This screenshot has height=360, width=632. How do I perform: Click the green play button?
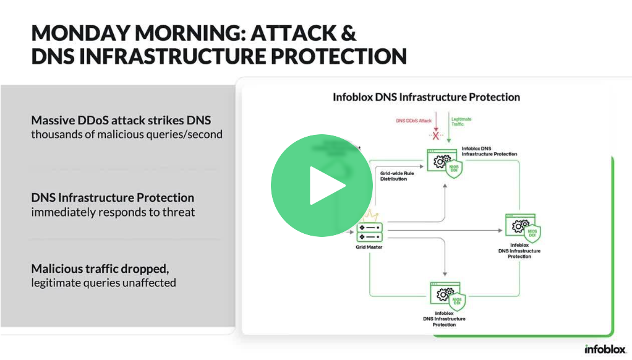(322, 186)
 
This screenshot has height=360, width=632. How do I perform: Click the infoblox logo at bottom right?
(605, 349)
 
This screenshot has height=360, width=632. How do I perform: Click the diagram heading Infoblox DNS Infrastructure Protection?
(426, 97)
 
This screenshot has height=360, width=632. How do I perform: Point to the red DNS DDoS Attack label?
(414, 121)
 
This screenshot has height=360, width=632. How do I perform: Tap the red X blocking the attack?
(436, 135)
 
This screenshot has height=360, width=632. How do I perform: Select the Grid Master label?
(370, 247)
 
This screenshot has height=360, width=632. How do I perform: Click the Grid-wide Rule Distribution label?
(396, 176)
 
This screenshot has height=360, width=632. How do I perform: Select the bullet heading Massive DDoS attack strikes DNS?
(125, 120)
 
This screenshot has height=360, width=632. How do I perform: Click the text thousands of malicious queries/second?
(127, 134)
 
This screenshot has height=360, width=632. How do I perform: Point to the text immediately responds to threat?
(113, 212)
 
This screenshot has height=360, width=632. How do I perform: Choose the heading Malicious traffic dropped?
(100, 269)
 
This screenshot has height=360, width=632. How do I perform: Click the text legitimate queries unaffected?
(104, 283)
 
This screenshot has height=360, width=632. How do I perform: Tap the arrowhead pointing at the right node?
(500, 230)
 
